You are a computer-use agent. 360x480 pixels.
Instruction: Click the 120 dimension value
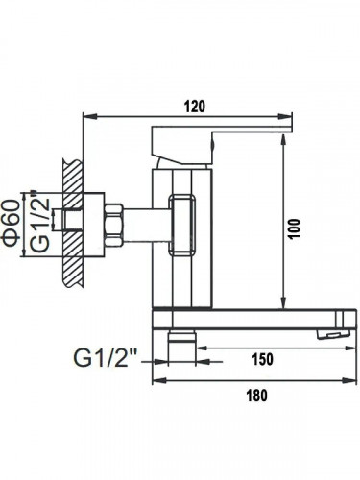tap(195, 107)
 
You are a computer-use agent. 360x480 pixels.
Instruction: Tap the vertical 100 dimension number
tap(294, 228)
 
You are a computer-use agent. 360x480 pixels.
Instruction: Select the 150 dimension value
tap(263, 359)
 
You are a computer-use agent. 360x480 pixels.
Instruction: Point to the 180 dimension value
tap(256, 396)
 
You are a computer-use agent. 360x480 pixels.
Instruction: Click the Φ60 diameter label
tap(11, 223)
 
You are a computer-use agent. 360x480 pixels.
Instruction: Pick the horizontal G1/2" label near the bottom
tap(106, 357)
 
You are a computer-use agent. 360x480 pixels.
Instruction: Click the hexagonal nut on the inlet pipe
tap(114, 226)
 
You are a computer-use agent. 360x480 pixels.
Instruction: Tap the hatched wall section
tap(73, 224)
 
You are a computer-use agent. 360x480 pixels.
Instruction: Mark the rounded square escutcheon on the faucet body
tap(181, 225)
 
